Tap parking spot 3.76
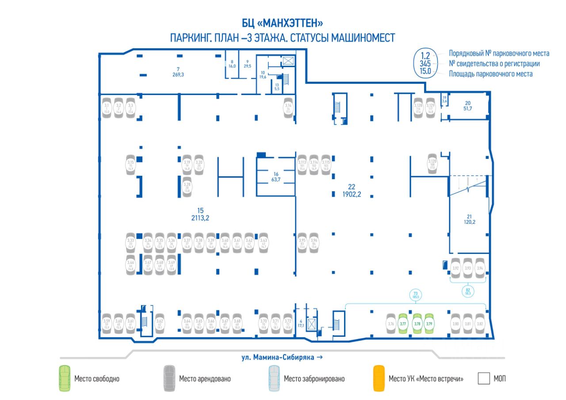[x=390, y=324]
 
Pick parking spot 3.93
[x=468, y=268]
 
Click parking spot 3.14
[x=288, y=108]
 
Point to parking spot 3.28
[x=187, y=187]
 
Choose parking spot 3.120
[x=432, y=164]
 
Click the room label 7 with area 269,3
[x=178, y=72]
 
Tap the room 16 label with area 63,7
[x=276, y=177]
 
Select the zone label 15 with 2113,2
[x=200, y=214]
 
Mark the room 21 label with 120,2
[x=469, y=219]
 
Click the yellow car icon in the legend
[x=379, y=378]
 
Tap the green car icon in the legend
[x=65, y=378]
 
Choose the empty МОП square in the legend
[x=484, y=378]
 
